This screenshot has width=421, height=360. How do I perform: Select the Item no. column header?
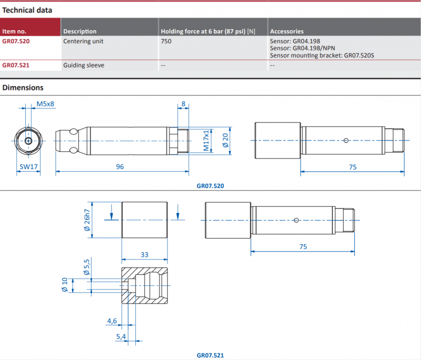tap(14, 31)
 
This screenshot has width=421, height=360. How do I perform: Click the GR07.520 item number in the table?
tap(16, 41)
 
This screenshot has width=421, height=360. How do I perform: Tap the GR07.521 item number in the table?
tap(16, 65)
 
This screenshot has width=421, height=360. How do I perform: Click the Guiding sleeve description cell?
tap(83, 65)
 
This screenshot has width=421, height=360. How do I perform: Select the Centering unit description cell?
tap(83, 41)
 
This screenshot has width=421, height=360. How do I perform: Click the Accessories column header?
tap(287, 31)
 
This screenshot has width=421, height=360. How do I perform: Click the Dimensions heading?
tap(23, 88)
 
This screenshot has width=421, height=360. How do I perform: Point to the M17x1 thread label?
tap(207, 140)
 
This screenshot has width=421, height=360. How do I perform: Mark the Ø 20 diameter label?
tap(225, 140)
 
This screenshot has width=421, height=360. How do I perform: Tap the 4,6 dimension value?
tap(112, 320)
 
